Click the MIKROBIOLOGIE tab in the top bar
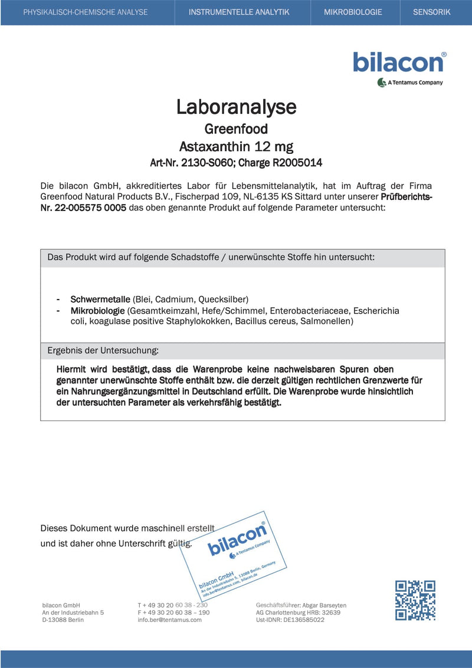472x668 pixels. [x=353, y=12]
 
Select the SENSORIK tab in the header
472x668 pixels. [x=435, y=12]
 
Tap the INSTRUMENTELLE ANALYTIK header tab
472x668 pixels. [x=239, y=12]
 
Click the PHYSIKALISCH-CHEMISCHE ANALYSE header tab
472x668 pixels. [x=86, y=12]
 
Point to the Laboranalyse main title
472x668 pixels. [x=236, y=107]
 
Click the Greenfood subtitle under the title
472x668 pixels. [x=236, y=129]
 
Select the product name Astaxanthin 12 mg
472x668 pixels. [x=236, y=146]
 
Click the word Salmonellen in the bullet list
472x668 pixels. [x=326, y=321]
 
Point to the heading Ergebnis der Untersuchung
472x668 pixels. [x=103, y=350]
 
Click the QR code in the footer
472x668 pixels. [x=415, y=600]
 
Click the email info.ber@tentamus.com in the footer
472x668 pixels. [x=169, y=620]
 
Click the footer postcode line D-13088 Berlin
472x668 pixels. [x=63, y=620]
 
